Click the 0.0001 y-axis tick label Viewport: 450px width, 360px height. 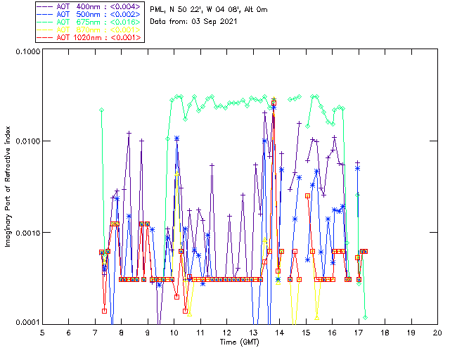[x=25, y=323]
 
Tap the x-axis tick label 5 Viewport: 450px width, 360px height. [x=42, y=332]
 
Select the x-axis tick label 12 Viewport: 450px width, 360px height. [x=226, y=332]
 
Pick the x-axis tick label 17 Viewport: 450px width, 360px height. [x=358, y=332]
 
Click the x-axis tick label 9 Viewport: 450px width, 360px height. [x=148, y=332]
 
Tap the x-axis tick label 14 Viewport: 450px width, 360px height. [x=279, y=332]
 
